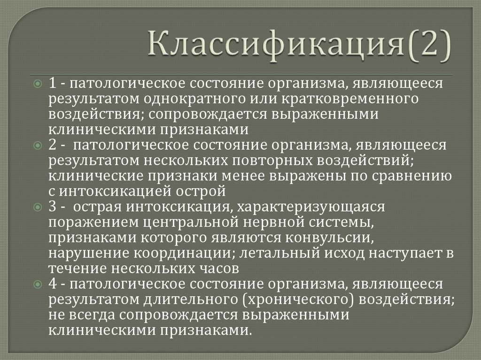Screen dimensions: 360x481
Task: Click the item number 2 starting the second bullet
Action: pyautogui.click(x=53, y=146)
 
